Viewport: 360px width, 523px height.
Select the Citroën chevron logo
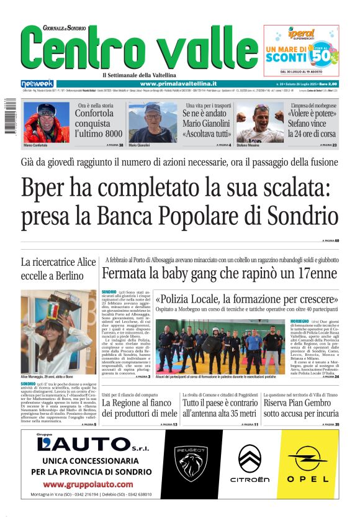tap(250, 462)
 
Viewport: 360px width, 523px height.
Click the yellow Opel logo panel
tap(307, 462)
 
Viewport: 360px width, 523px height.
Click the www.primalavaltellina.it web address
tap(178, 83)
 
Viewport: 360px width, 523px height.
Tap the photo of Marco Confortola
tap(46, 122)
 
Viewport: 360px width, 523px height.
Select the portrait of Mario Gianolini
tap(144, 122)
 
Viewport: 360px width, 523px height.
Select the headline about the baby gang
tap(219, 273)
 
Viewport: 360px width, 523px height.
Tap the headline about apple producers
tap(139, 408)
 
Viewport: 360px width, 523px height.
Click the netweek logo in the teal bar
tap(37, 83)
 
